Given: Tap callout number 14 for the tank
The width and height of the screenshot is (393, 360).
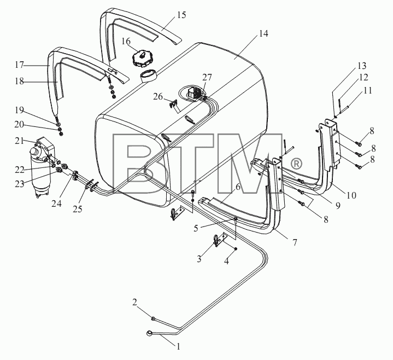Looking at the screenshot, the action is click(x=263, y=33).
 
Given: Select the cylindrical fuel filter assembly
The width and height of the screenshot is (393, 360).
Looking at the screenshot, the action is click(x=41, y=166).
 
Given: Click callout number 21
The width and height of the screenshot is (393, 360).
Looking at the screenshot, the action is click(x=19, y=141).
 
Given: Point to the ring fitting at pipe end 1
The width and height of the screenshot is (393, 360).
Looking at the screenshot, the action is click(x=149, y=333).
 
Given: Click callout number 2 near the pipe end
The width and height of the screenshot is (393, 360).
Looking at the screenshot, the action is click(x=135, y=303).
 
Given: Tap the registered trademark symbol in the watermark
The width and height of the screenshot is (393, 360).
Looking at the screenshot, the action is click(x=296, y=164).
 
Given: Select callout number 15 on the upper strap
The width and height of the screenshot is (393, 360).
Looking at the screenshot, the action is click(x=181, y=15).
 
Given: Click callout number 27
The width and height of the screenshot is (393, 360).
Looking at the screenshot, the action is click(x=207, y=78).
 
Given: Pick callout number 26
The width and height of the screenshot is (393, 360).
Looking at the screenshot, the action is click(x=158, y=96).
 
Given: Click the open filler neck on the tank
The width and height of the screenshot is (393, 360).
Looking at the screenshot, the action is click(x=148, y=76).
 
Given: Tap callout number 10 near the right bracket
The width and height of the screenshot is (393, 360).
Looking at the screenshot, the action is click(x=351, y=195).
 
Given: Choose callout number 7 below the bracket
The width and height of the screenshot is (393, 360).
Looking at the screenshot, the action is click(x=295, y=242).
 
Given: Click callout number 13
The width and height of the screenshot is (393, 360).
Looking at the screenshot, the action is click(x=362, y=66).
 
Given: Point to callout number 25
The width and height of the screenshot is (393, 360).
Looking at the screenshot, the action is click(x=78, y=209).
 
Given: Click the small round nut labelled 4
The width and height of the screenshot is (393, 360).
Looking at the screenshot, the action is click(x=236, y=248).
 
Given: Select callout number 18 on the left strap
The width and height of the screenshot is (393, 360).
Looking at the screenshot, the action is click(x=19, y=82).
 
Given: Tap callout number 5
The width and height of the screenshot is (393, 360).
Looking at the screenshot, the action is click(x=196, y=228).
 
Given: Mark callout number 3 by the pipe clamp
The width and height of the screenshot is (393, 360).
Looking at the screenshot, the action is click(x=199, y=259).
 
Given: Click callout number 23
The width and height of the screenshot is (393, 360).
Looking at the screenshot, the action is click(x=19, y=184).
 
